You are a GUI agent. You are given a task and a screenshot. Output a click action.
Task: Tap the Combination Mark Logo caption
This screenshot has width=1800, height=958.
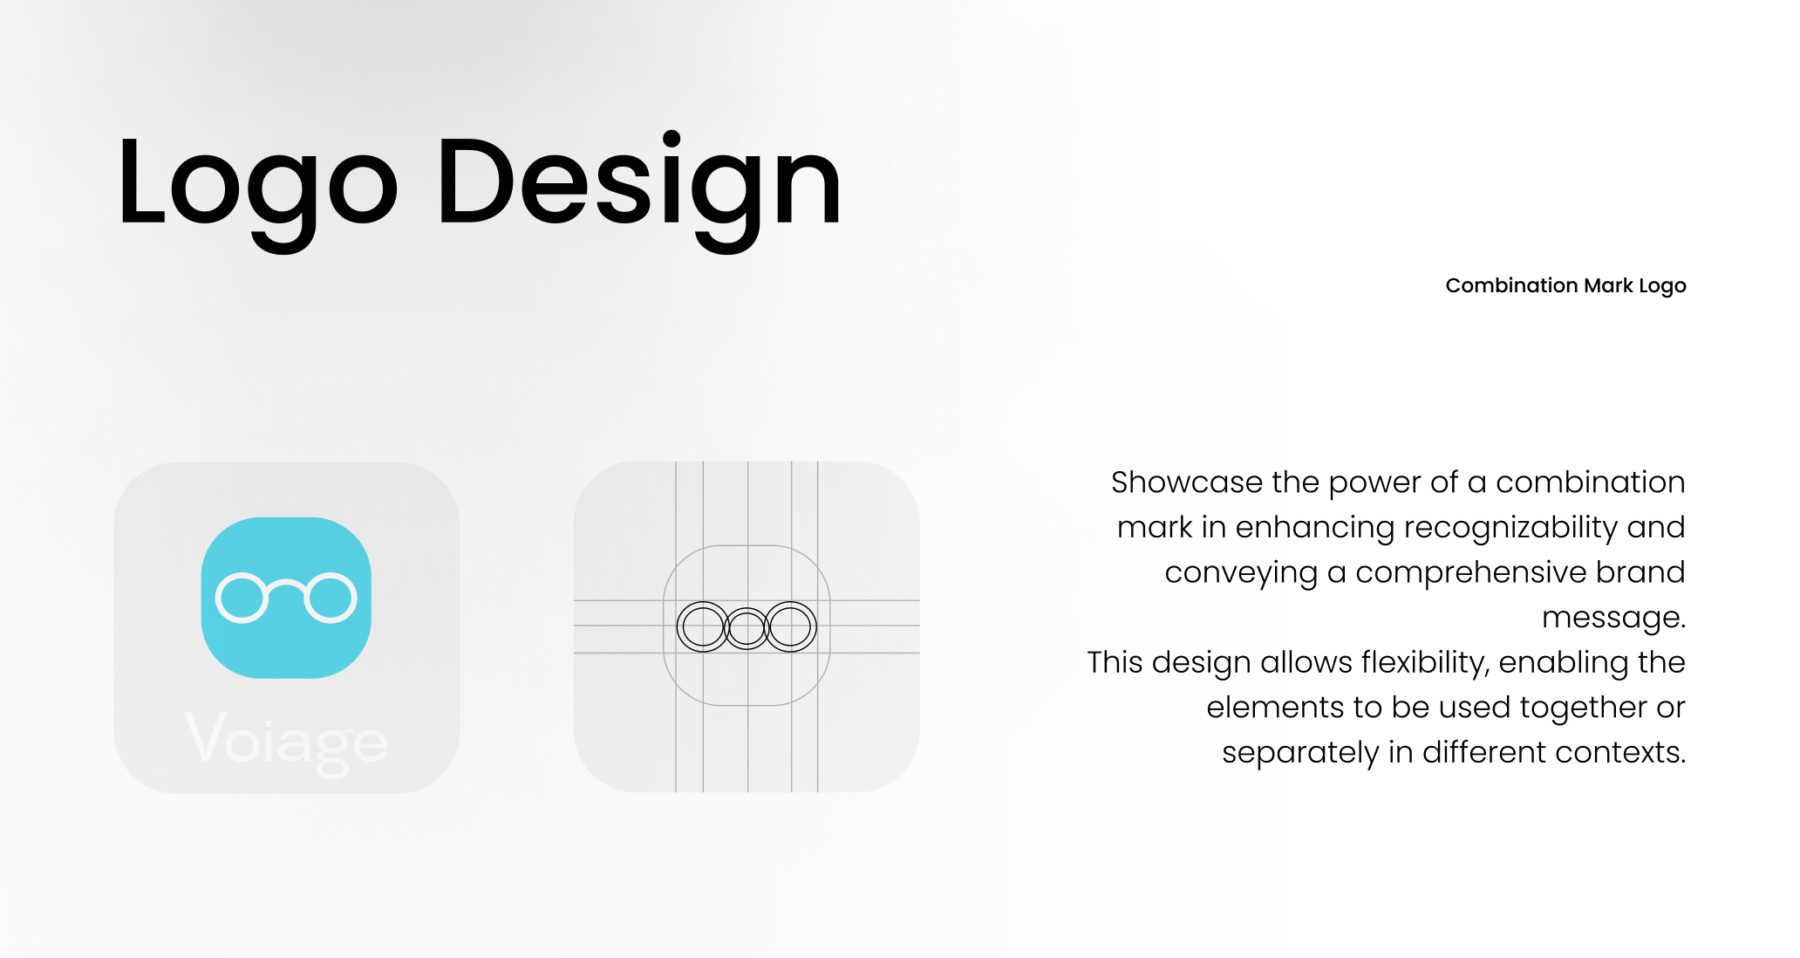pos(1565,286)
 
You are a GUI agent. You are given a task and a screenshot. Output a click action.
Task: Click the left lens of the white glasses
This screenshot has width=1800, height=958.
pos(218,598)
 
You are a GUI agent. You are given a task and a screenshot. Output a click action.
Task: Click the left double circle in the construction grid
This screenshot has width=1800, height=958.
pos(678,626)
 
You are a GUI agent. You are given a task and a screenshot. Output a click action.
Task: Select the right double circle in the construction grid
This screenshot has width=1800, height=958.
pos(815,626)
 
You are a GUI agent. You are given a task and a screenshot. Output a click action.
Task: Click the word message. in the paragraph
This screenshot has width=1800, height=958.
pos(1613,618)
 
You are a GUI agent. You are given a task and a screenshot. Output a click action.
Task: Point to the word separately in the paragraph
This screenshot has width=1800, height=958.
pos(1299,753)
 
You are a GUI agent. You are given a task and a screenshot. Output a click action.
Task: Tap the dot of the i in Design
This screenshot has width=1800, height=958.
pos(672,140)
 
